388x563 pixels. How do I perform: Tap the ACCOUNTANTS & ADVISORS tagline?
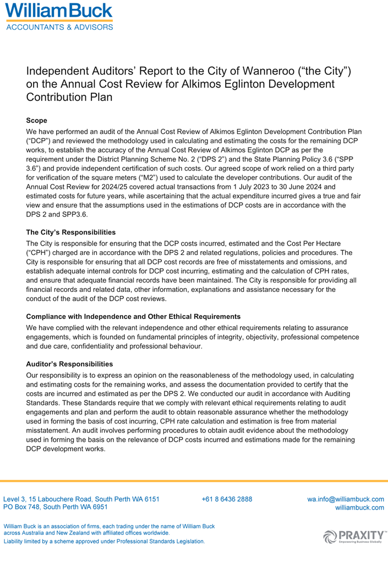(x=59, y=26)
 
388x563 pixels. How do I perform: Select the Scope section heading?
(x=37, y=120)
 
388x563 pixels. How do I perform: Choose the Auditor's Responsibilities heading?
(x=69, y=364)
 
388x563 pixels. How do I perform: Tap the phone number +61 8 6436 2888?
(x=227, y=499)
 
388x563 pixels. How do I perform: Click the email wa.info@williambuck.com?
(x=345, y=499)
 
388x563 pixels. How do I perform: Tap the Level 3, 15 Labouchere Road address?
(x=82, y=499)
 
